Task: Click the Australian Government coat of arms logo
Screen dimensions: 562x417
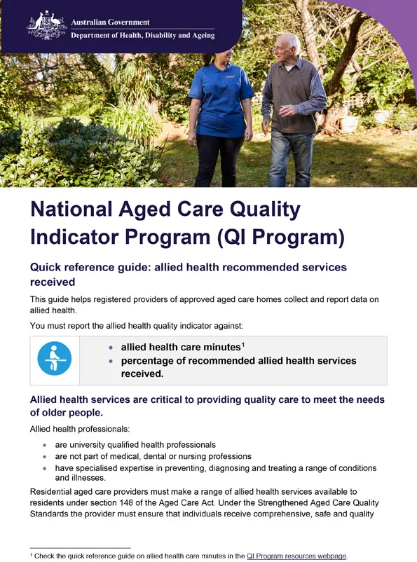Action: [x=46, y=25]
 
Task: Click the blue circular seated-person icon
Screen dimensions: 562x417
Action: [x=54, y=359]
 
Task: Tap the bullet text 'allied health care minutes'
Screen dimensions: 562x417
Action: [x=180, y=348]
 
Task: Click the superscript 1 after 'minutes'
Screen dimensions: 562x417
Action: [x=242, y=344]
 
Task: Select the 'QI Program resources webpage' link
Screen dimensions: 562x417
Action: [x=296, y=556]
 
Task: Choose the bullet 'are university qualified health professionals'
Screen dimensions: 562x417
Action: [x=135, y=445]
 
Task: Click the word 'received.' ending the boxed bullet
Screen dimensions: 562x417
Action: [x=142, y=373]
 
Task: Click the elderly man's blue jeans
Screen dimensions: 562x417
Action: [x=291, y=158]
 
